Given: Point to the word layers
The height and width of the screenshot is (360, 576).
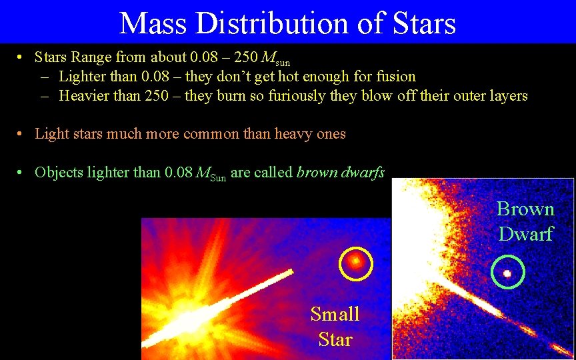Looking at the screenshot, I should (x=508, y=96).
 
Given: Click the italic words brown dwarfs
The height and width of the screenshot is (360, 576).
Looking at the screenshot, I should (x=340, y=173).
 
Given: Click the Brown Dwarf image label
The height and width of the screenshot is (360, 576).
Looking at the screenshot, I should (x=525, y=221).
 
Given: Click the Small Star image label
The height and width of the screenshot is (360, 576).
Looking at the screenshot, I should (x=335, y=327).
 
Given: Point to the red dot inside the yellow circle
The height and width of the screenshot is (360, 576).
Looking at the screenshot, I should (x=356, y=261).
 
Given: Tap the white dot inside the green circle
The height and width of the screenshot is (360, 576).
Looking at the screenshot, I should (x=507, y=273).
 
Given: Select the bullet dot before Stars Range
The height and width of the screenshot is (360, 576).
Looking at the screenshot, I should (x=21, y=59).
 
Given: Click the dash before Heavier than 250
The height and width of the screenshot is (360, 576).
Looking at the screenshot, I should (x=45, y=96).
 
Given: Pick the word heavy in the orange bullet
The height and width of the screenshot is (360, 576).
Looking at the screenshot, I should (x=291, y=134).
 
